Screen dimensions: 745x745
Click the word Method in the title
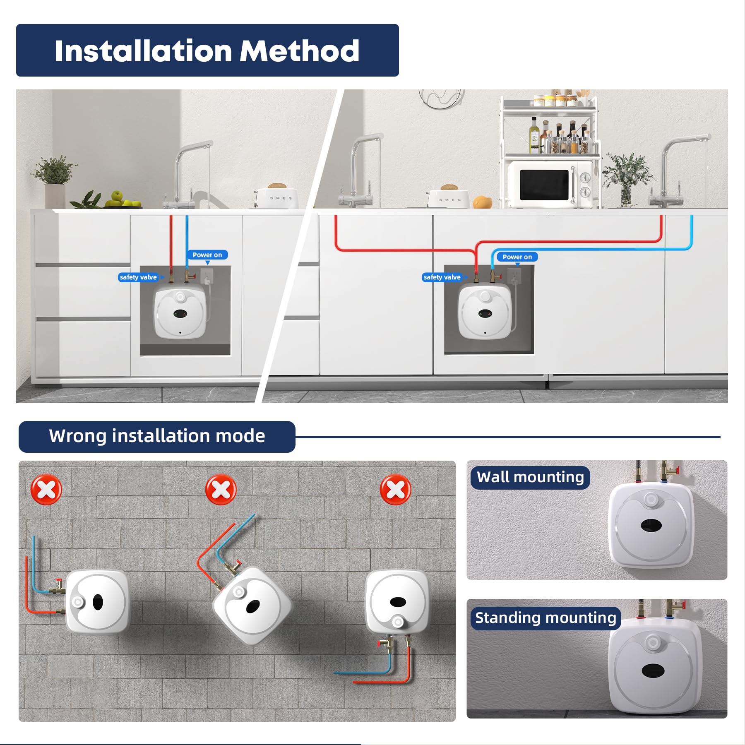[x=300, y=51]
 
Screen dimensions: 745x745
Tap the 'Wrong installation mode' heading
[x=157, y=436]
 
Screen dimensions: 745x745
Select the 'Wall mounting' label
[x=530, y=477]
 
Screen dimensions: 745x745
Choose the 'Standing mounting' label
[x=546, y=618]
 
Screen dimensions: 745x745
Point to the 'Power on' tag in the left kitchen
[x=207, y=255]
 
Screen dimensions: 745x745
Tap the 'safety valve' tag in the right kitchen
[x=442, y=277]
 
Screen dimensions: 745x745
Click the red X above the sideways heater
[x=46, y=490]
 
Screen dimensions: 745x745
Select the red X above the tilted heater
[x=221, y=490]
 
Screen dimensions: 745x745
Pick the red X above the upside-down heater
[x=396, y=490]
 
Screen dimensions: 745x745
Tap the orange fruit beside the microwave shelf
[x=483, y=202]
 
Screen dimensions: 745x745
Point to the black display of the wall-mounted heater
[x=651, y=526]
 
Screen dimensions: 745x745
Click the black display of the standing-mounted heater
[x=653, y=670]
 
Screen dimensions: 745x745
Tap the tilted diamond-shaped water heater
[x=252, y=606]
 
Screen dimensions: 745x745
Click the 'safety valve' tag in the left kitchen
[x=138, y=277]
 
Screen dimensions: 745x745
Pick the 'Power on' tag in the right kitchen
[x=517, y=257]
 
